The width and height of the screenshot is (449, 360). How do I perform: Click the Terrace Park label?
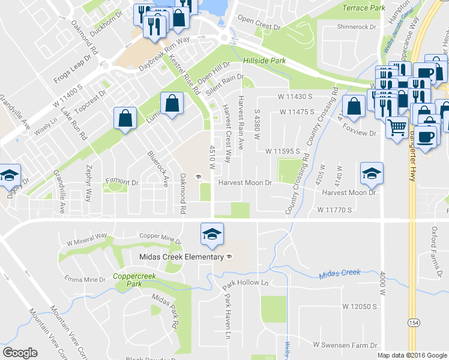363,8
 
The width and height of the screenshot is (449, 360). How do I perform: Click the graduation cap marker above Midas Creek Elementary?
212,233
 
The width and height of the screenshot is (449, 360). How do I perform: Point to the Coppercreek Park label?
130,280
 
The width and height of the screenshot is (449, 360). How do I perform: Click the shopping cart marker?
397,127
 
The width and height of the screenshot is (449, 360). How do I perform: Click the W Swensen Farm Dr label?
345,345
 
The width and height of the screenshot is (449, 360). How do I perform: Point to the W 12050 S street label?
359,306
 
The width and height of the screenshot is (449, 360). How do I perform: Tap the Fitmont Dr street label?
122,181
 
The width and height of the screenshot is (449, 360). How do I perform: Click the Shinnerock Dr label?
356,28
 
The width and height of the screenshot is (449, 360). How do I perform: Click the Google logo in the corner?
20,352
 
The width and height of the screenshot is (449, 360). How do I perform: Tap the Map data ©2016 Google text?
412,355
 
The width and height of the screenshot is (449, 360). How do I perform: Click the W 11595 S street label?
282,151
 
